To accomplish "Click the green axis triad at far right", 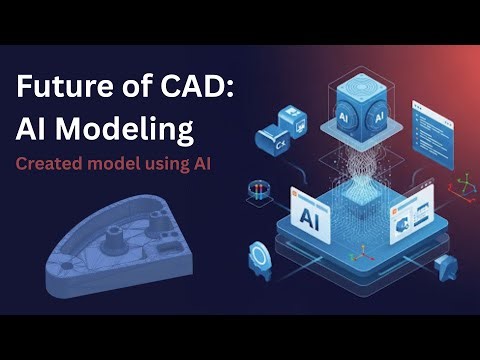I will pos(463,186).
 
